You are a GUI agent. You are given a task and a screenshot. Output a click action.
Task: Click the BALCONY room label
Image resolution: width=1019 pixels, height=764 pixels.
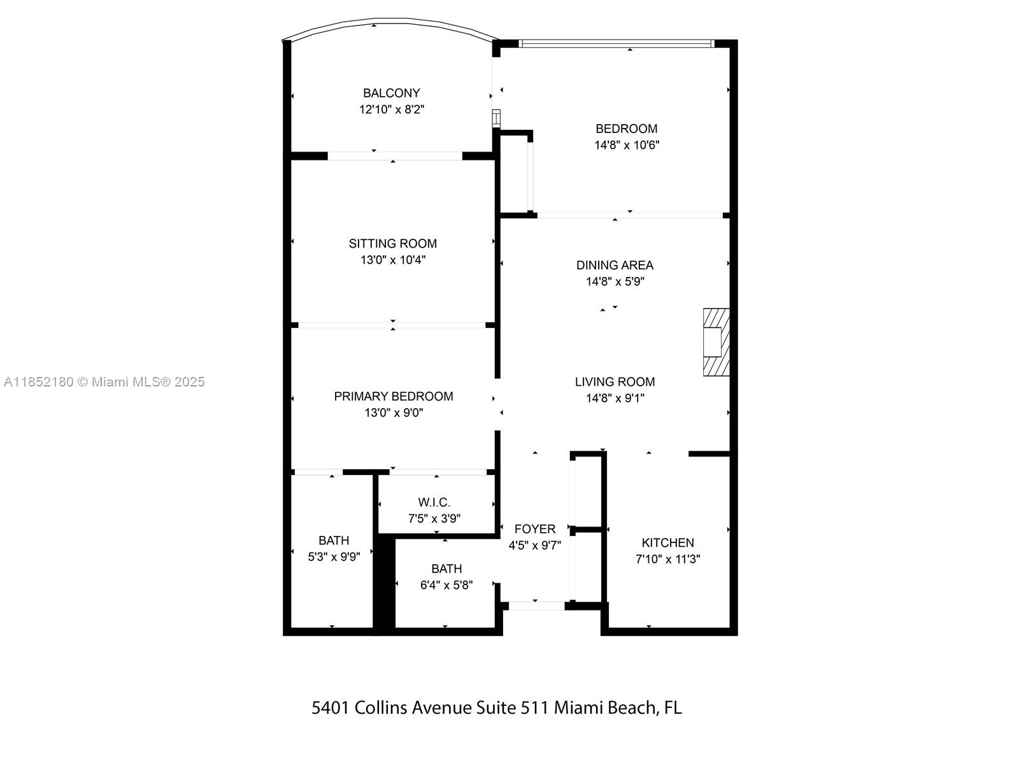pos(391,93)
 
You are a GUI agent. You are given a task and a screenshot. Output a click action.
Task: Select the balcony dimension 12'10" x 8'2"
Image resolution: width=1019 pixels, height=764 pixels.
pos(391,110)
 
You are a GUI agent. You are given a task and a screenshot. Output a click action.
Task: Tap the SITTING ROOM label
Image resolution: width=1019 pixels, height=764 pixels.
pos(392,243)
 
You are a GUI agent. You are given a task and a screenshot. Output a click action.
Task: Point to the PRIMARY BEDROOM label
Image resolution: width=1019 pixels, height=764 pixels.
pos(393,396)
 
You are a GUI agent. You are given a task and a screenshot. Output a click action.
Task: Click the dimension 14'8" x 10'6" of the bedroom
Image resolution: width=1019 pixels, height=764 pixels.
pos(627,145)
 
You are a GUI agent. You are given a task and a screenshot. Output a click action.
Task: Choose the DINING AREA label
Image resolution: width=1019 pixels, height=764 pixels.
pos(615,265)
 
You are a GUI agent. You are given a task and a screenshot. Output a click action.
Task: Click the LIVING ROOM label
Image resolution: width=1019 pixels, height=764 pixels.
pos(615,381)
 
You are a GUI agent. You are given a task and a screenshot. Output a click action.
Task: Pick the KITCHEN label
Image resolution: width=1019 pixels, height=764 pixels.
pos(667,542)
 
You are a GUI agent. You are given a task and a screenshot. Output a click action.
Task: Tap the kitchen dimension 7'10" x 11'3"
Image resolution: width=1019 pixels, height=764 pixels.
pos(667,559)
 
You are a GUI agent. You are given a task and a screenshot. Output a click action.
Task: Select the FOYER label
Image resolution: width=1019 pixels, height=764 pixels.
pos(534,528)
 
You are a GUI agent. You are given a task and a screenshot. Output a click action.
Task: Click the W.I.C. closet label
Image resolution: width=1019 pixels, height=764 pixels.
pos(434,502)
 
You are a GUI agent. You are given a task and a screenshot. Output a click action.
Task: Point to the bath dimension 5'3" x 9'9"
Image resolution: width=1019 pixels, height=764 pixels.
pos(334,556)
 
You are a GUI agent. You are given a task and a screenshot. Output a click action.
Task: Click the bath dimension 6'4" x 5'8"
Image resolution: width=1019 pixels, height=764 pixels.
pos(446,585)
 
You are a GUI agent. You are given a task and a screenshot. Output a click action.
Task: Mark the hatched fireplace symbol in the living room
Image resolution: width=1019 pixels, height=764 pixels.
pos(716,342)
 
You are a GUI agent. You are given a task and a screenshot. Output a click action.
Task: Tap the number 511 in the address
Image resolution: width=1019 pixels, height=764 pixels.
pos(534,707)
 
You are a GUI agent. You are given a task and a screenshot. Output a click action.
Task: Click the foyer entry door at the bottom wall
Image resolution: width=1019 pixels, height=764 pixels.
pos(536,605)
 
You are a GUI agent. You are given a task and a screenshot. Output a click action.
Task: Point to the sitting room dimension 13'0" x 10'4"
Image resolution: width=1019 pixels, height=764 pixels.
pos(392,260)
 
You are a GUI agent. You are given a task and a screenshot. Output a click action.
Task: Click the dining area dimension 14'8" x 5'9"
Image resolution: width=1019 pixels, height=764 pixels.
pos(615,281)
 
